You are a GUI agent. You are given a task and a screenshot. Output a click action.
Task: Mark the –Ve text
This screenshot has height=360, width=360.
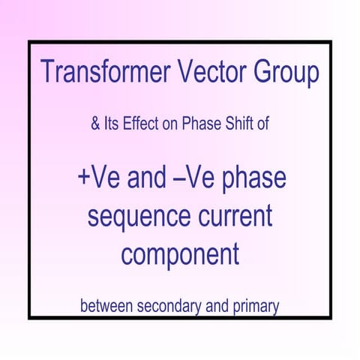(x=197, y=181)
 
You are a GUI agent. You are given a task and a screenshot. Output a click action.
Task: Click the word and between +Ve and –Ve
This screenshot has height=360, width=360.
(x=148, y=181)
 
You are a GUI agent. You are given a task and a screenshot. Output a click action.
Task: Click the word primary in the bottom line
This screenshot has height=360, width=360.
(x=254, y=307)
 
